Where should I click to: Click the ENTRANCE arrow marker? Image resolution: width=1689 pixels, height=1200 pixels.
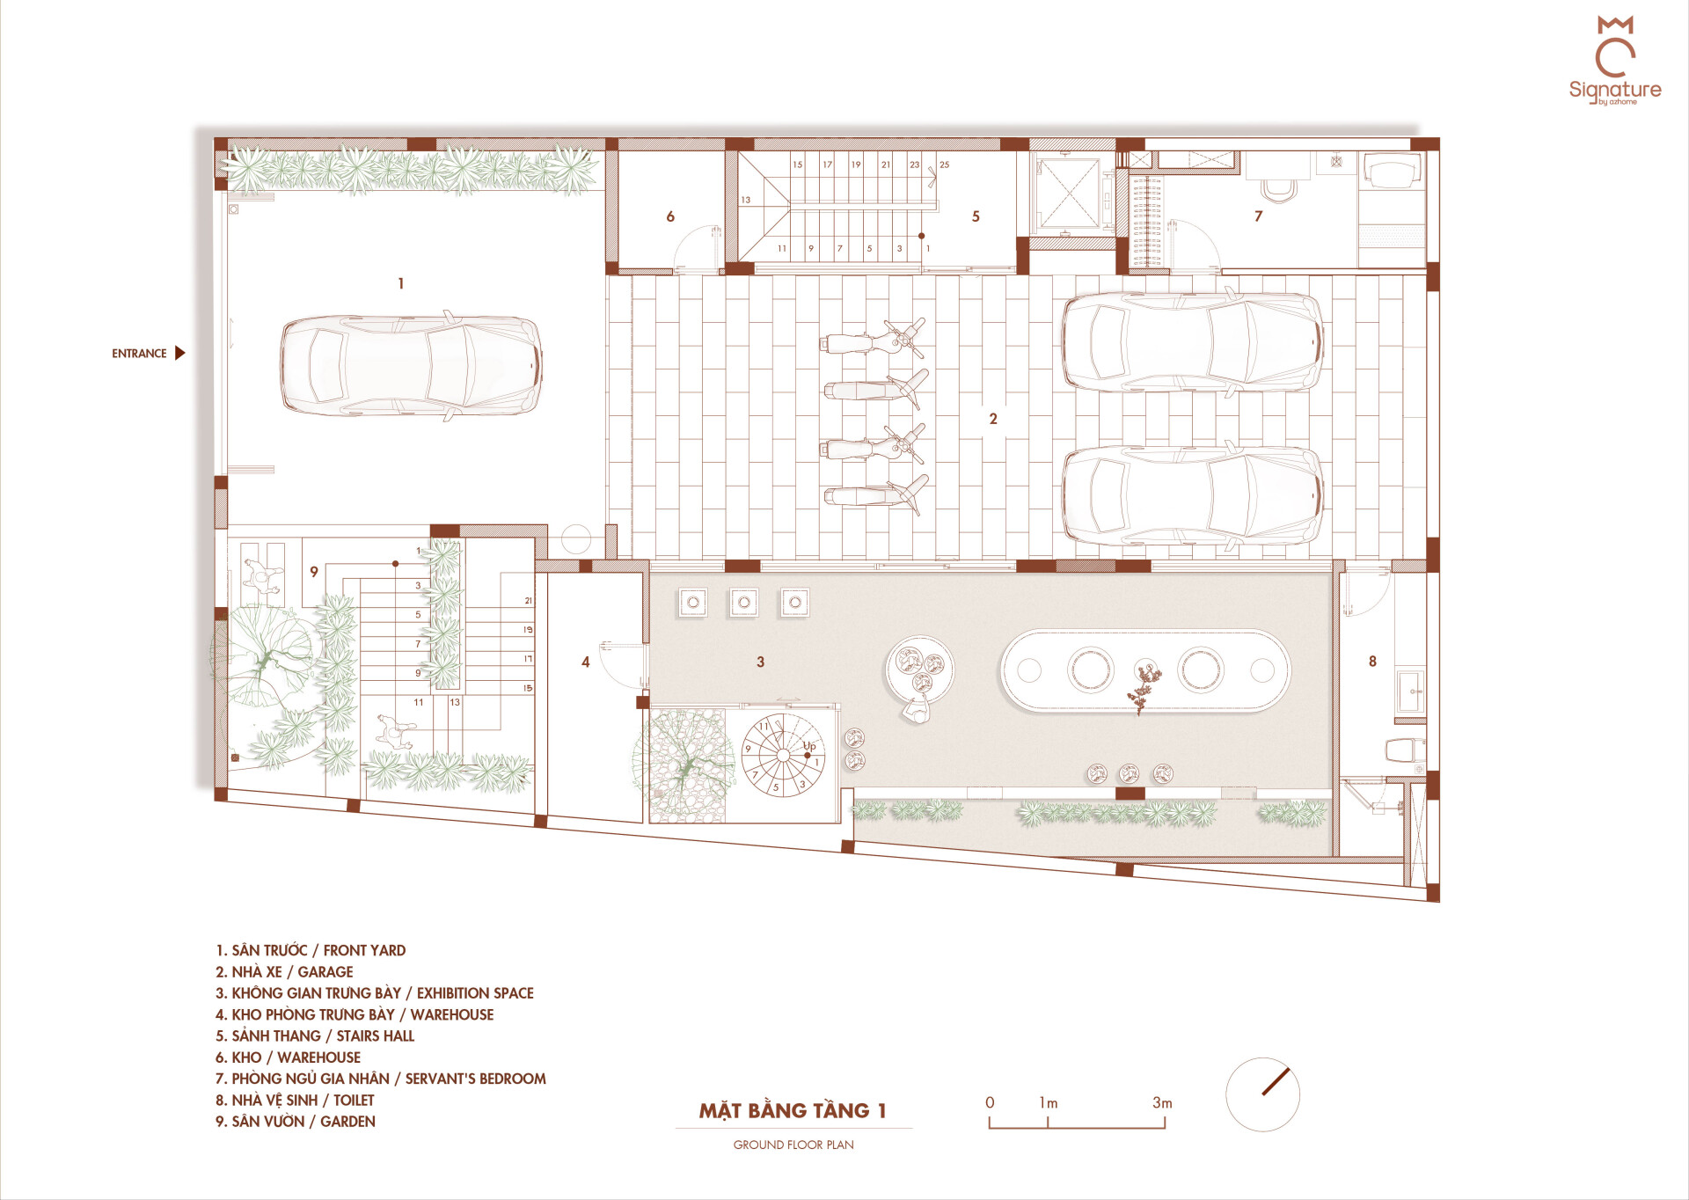pyautogui.click(x=180, y=353)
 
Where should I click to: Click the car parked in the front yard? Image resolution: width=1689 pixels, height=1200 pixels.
pyautogui.click(x=411, y=365)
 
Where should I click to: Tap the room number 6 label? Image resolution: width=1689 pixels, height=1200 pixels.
pyautogui.click(x=670, y=216)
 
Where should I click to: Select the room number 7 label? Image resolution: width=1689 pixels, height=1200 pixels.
pyautogui.click(x=1258, y=216)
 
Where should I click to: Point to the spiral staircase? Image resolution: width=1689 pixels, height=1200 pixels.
pyautogui.click(x=783, y=756)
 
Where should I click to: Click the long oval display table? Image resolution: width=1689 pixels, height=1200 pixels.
pyautogui.click(x=1144, y=670)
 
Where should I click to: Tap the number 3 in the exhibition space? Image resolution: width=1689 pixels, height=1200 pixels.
pyautogui.click(x=760, y=662)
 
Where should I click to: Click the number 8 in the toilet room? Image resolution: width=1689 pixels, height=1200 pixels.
pyautogui.click(x=1372, y=662)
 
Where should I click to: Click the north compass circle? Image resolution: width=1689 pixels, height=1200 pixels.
pyautogui.click(x=1262, y=1094)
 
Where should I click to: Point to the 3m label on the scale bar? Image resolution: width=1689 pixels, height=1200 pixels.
pyautogui.click(x=1162, y=1103)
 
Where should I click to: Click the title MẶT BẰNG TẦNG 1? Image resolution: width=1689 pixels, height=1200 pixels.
pyautogui.click(x=793, y=1111)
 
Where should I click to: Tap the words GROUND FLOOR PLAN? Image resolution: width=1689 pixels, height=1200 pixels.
pyautogui.click(x=793, y=1145)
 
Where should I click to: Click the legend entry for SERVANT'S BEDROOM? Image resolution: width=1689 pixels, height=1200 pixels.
pyautogui.click(x=381, y=1079)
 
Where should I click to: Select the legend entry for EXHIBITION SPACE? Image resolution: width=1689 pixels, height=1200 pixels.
pyautogui.click(x=375, y=993)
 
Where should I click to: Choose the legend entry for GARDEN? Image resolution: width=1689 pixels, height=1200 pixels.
pyautogui.click(x=296, y=1122)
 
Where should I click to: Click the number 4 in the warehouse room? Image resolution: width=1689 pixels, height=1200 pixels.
pyautogui.click(x=586, y=662)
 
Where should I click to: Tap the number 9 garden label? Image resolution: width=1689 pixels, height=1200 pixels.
pyautogui.click(x=314, y=572)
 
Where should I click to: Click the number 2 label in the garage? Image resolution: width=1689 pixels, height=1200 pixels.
pyautogui.click(x=993, y=419)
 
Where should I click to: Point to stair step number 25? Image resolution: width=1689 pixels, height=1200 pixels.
pyautogui.click(x=944, y=165)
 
